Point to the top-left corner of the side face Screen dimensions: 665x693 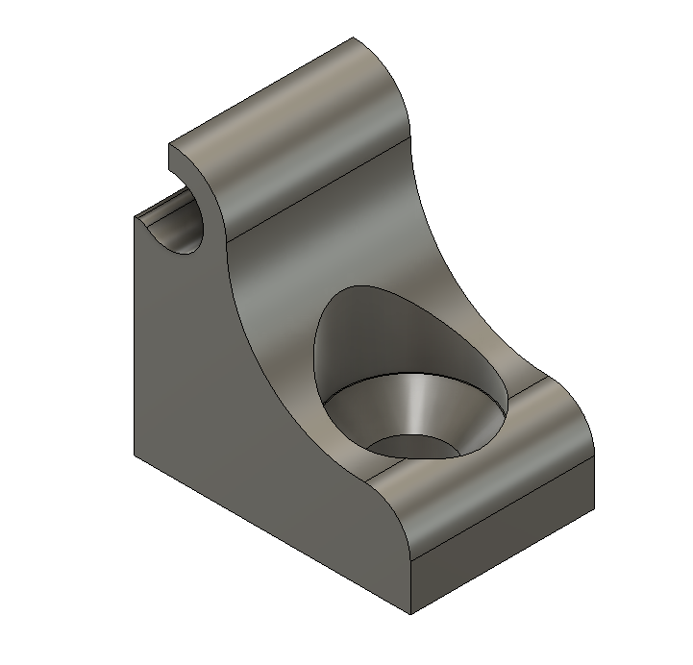click(x=133, y=215)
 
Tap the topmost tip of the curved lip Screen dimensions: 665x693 click(x=354, y=37)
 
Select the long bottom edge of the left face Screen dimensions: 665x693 click(x=269, y=533)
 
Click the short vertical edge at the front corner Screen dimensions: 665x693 click(x=410, y=586)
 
